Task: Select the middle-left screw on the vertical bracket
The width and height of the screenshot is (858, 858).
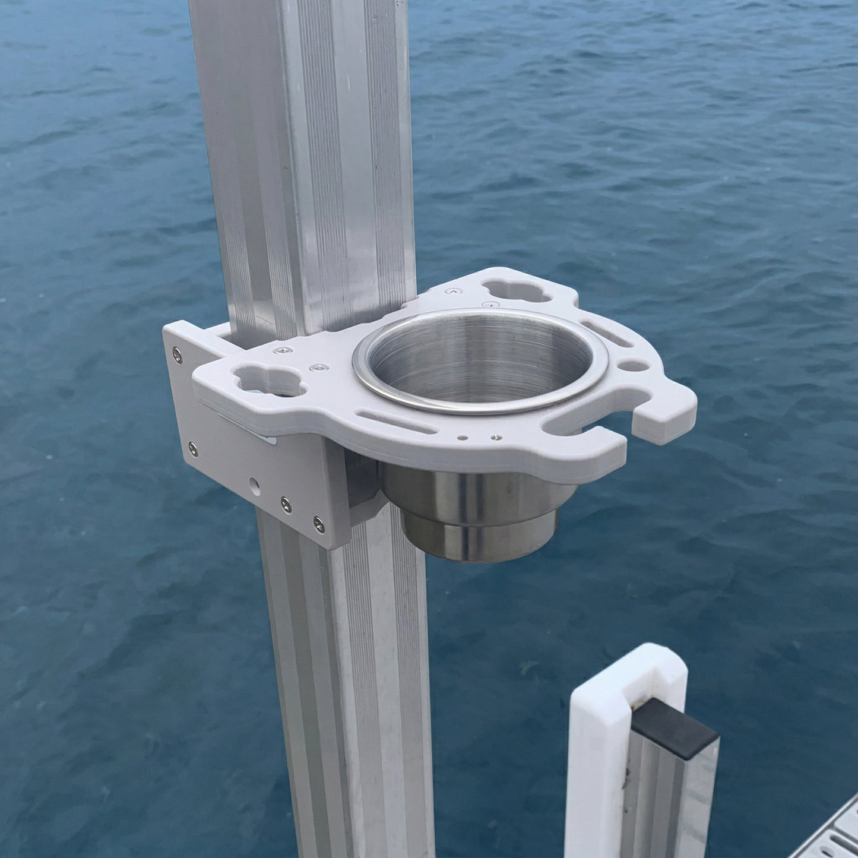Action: point(192,447)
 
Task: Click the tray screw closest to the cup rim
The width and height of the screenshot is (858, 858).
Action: point(490,305)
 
